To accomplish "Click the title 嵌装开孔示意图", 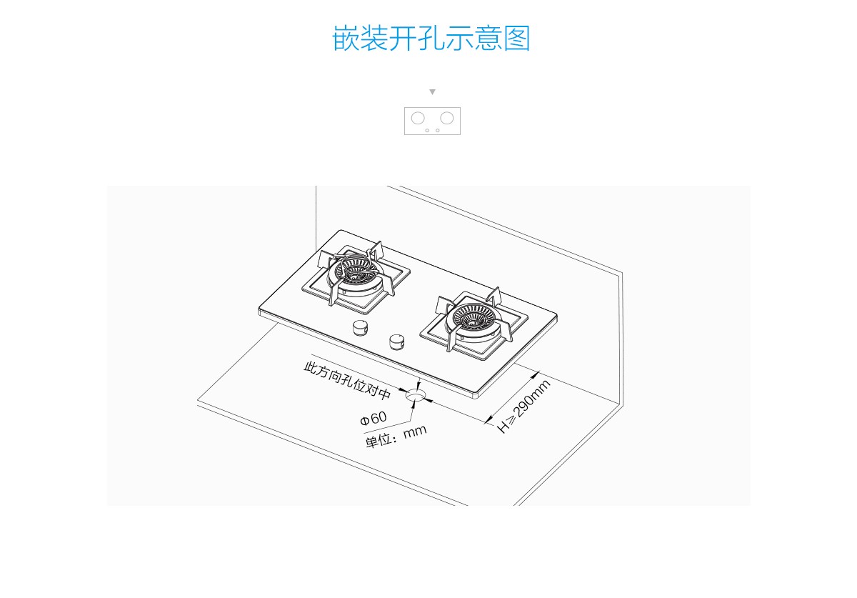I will click(431, 38).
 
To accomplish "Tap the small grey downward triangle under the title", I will click(432, 92).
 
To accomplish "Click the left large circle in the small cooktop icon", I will click(418, 118).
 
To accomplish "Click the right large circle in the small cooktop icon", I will click(447, 118).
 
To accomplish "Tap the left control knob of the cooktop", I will click(361, 329).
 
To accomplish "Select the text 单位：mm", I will click(396, 436).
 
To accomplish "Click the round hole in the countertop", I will click(414, 394).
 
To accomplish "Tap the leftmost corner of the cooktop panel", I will click(260, 310).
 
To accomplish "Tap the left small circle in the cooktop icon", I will click(427, 130).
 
